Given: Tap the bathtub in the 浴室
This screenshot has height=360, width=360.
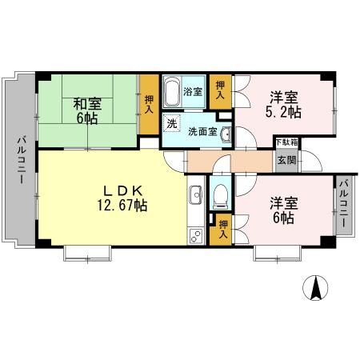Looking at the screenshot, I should (172, 93).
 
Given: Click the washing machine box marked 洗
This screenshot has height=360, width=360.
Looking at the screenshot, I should (172, 125).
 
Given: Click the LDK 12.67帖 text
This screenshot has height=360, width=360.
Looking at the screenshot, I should (122, 198).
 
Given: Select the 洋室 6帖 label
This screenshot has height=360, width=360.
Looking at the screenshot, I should (284, 209).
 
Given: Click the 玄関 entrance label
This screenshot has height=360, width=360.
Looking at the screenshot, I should (286, 158).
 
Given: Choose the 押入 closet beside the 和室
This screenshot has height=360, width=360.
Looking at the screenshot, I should (149, 103).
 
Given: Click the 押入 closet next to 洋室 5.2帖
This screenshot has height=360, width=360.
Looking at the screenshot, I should (221, 88).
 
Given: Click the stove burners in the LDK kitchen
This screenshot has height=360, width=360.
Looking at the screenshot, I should (194, 235).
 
